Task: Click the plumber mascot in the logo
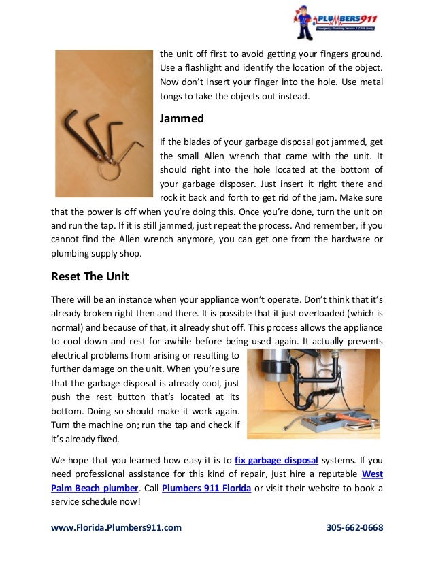303,24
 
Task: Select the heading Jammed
182,118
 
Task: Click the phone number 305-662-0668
354,527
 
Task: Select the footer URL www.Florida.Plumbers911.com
116,527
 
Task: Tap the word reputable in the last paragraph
333,474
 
